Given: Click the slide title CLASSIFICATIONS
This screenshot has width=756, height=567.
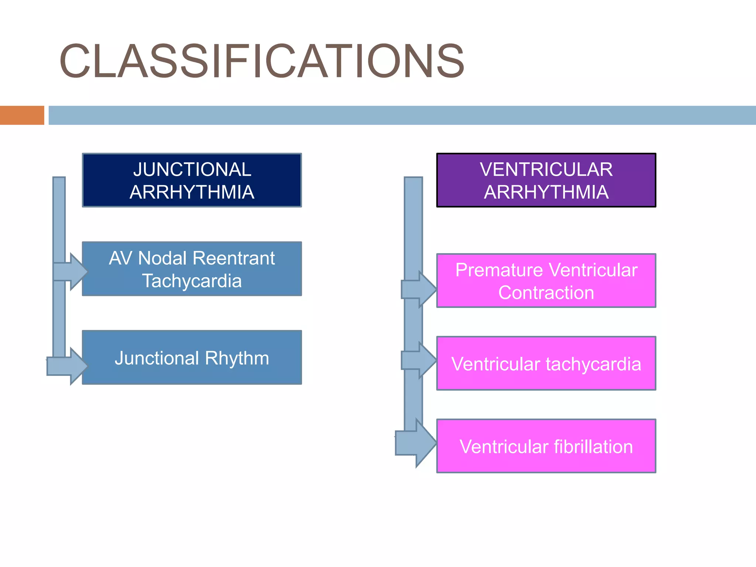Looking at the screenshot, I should [x=261, y=61].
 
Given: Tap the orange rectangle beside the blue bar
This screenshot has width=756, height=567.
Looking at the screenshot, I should [x=22, y=115].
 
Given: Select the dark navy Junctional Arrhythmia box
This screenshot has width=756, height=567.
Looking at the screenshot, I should [x=192, y=180].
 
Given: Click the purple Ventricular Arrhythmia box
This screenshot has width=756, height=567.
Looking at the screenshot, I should [x=546, y=180].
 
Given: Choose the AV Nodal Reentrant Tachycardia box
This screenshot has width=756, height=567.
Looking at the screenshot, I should [x=192, y=269].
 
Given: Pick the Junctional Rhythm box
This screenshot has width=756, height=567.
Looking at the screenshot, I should [x=192, y=357].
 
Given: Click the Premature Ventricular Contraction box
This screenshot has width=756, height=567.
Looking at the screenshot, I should [x=546, y=281].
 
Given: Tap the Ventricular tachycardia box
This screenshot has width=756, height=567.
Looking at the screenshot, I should [x=546, y=363].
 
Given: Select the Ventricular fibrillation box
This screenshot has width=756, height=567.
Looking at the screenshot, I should [x=546, y=446].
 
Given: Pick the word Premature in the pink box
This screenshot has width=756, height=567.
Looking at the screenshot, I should [x=492, y=270].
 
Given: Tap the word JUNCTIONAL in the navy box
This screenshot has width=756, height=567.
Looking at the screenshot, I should [x=192, y=169].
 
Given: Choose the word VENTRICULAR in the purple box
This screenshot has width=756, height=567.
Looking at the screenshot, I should [x=546, y=169].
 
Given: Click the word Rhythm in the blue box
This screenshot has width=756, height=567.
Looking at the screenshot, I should [x=237, y=358].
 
